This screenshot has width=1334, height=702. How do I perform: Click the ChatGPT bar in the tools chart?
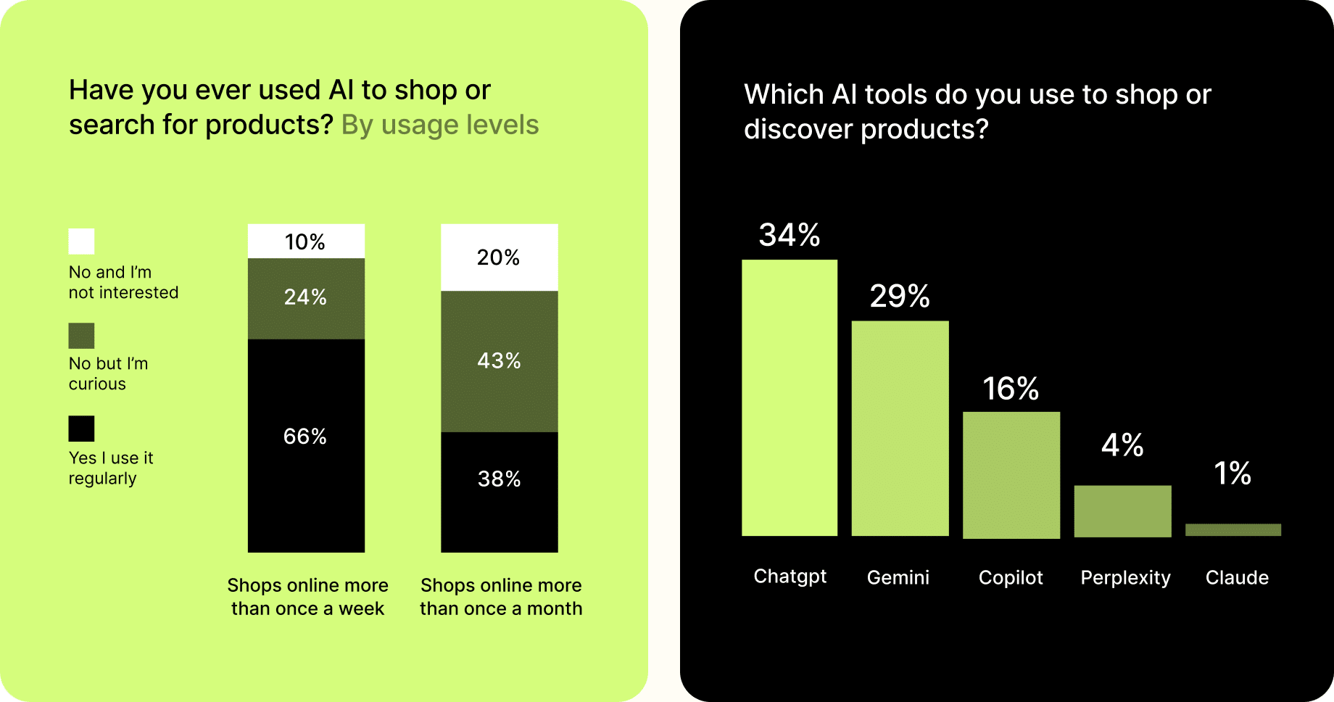pyautogui.click(x=790, y=397)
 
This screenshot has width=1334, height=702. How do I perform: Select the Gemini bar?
pyautogui.click(x=900, y=428)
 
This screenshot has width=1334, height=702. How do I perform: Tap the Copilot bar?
pyautogui.click(x=1011, y=475)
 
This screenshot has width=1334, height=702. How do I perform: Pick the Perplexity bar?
pyautogui.click(x=1122, y=511)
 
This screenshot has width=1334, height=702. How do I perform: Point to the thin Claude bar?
pyautogui.click(x=1233, y=529)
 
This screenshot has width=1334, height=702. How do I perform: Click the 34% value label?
pyautogui.click(x=790, y=235)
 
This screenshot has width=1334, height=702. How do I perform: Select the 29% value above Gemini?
pyautogui.click(x=900, y=296)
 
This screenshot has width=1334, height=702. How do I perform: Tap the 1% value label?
pyautogui.click(x=1232, y=474)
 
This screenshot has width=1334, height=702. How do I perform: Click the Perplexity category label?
pyautogui.click(x=1125, y=578)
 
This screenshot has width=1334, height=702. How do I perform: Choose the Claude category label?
pyautogui.click(x=1237, y=577)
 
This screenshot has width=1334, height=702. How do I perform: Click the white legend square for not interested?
pyautogui.click(x=81, y=241)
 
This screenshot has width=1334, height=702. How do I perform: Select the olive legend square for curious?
pyautogui.click(x=81, y=336)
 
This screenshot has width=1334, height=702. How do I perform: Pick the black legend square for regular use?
pyautogui.click(x=81, y=429)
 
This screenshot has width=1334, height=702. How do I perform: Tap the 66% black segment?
pyautogui.click(x=306, y=445)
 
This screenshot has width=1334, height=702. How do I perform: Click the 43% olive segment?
pyautogui.click(x=500, y=361)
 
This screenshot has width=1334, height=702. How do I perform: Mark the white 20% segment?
pyautogui.click(x=500, y=257)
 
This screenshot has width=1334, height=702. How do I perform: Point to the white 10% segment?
pyautogui.click(x=306, y=241)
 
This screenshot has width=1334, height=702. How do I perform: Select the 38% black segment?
pyautogui.click(x=500, y=492)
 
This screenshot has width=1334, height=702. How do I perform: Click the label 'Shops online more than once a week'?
pyautogui.click(x=307, y=597)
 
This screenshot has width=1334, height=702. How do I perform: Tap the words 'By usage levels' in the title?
pyautogui.click(x=440, y=125)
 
